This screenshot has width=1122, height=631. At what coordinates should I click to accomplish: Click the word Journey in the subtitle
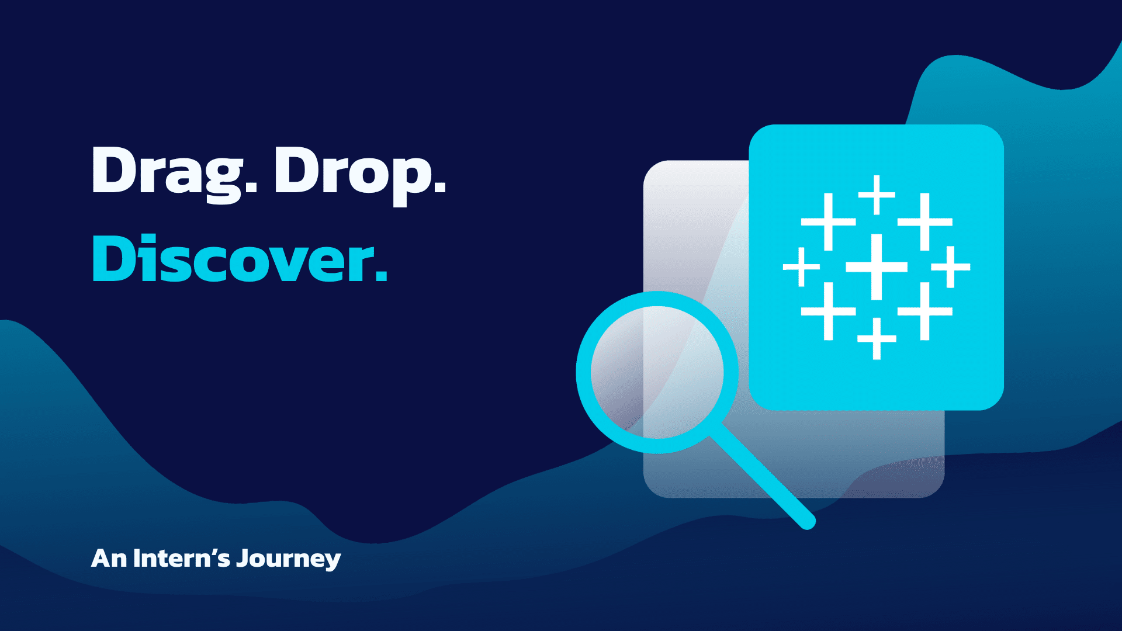289,559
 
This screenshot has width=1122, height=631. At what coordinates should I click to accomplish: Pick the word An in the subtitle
109,559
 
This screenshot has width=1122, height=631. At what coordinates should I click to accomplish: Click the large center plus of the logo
877,267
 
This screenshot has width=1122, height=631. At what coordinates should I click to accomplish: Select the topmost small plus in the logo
877,195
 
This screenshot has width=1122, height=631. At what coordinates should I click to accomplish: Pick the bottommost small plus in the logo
877,338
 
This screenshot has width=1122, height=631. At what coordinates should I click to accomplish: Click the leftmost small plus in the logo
802,267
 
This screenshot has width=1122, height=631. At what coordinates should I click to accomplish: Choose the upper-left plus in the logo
828,222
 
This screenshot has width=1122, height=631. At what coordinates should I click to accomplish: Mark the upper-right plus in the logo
924,222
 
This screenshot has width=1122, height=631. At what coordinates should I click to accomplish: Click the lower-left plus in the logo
828,311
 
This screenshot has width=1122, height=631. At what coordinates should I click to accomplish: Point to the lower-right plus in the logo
924,311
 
